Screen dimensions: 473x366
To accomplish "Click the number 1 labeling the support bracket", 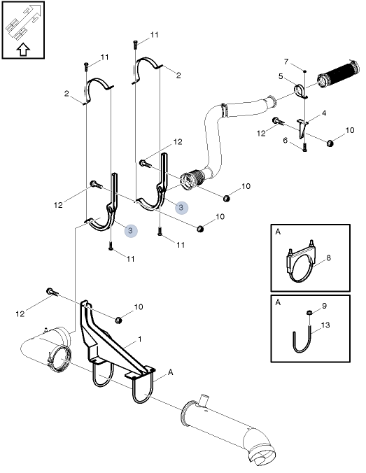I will point(140,339).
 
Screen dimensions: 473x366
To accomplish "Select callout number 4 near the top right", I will point(323,113).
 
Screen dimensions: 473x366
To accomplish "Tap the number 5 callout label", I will point(281,76).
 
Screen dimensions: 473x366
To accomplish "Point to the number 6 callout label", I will point(286,140).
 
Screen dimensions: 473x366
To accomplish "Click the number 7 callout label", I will point(286,62).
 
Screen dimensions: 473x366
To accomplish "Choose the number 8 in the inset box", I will point(328,258).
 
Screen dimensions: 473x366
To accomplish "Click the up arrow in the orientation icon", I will point(22,50).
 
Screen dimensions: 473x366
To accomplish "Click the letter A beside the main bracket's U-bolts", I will point(170,374).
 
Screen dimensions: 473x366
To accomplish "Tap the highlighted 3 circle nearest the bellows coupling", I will point(181,207).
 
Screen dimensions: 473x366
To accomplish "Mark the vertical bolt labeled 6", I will point(306,146).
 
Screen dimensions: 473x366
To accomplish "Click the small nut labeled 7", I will point(306,71).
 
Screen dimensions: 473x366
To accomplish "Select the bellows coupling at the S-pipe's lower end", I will point(191,181).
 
